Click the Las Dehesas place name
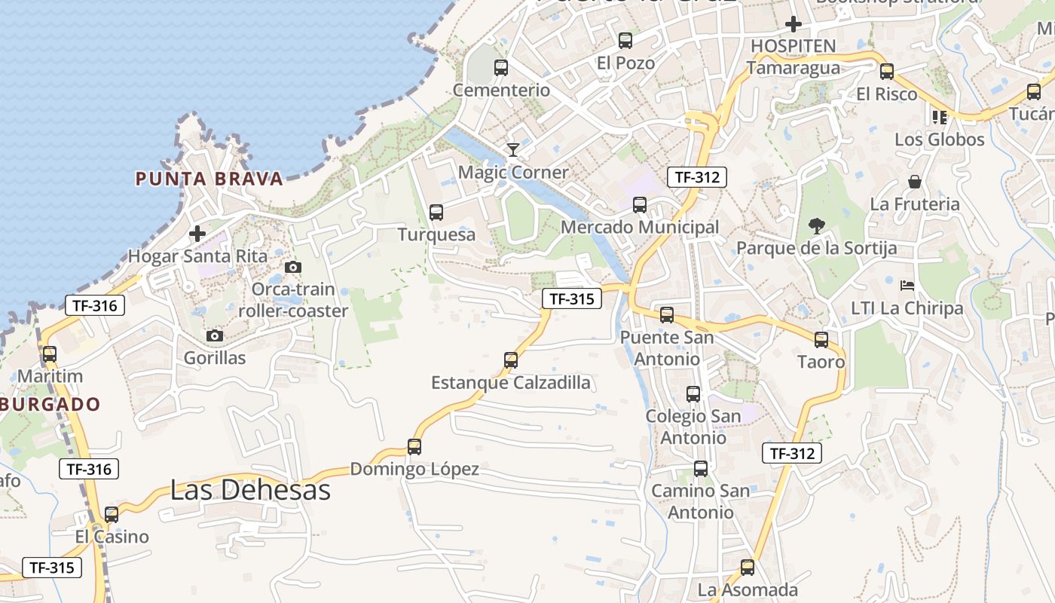(250, 490)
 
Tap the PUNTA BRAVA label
(209, 179)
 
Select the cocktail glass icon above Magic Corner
(513, 149)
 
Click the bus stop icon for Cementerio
(501, 68)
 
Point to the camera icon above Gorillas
(215, 335)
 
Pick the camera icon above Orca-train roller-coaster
(293, 267)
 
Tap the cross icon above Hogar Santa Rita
(197, 234)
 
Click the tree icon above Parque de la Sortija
(816, 225)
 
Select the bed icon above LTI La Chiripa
(907, 286)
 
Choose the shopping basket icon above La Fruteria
(915, 182)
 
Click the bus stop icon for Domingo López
(414, 446)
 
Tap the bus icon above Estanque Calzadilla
(511, 360)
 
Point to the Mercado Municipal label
(640, 227)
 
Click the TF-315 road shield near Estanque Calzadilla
(572, 298)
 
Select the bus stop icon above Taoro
(821, 340)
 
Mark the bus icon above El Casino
(112, 515)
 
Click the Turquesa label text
(436, 234)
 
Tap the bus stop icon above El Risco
(887, 72)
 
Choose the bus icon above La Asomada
(748, 568)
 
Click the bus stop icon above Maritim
(50, 354)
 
